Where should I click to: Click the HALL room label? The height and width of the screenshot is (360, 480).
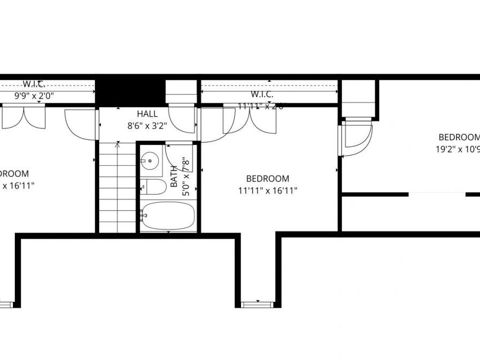147,114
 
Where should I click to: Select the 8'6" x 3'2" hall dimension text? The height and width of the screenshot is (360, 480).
147,126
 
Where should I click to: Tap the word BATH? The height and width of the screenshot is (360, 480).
174,176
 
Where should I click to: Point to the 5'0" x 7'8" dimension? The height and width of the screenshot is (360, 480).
186,176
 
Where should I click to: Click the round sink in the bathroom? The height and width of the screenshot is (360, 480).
151,159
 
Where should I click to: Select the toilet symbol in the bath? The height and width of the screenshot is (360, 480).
154,187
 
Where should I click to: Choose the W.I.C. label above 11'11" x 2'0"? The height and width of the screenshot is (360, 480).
262,94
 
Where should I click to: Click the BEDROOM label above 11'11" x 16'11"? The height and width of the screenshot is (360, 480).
268,179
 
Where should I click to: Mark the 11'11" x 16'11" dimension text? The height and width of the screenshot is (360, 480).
268,190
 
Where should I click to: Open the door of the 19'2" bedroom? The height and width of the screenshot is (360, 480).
354,138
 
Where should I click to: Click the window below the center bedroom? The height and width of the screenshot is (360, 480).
257,305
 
